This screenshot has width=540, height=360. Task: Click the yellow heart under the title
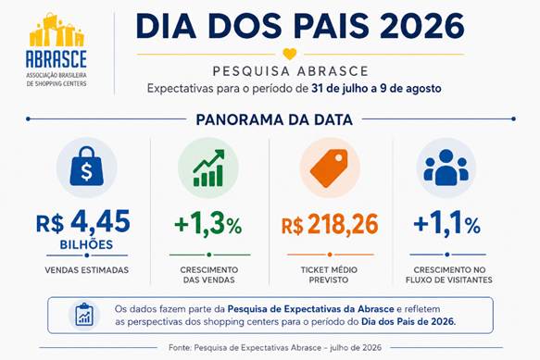290,54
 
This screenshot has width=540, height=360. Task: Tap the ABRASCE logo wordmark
57,58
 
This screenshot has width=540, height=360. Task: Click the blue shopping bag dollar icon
86,167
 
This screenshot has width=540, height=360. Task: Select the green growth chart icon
208,168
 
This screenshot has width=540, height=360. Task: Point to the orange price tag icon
329,167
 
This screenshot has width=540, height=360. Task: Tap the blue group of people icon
446,168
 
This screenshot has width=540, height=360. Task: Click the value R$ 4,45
83,222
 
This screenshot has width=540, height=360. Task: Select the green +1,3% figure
208,224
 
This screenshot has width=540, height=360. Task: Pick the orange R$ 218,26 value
330,224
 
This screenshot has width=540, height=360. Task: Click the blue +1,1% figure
447,224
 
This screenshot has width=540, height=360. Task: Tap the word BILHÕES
86,244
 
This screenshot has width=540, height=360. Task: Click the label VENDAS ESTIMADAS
87,270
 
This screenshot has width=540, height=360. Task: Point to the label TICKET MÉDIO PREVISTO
329,275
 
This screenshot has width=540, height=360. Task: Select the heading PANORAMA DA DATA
274,119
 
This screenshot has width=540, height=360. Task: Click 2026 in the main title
422,26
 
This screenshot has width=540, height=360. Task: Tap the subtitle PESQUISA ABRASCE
291,71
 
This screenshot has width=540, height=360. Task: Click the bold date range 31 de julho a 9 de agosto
376,89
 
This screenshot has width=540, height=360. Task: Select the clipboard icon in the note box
84,315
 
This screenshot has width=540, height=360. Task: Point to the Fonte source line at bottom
275,348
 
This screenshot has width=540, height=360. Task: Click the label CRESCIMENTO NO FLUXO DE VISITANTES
449,275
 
